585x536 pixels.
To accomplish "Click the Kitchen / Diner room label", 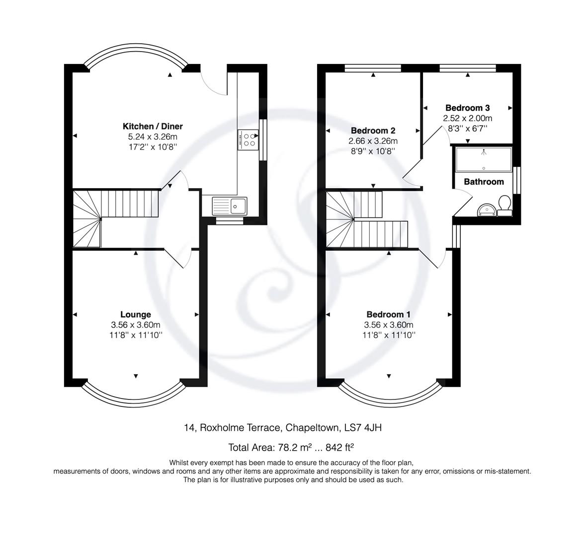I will click(153, 127).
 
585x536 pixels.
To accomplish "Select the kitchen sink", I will click(230, 205).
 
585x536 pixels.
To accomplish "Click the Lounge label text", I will click(136, 314).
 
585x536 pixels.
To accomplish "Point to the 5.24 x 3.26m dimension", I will click(153, 137).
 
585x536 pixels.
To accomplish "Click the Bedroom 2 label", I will click(373, 131).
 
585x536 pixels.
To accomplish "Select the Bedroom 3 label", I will click(467, 108).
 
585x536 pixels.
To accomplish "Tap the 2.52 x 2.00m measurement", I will click(467, 118).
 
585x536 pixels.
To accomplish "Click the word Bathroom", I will click(484, 182).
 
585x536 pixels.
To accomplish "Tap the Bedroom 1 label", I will click(389, 314).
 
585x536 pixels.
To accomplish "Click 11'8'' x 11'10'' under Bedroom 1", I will click(389, 335).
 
